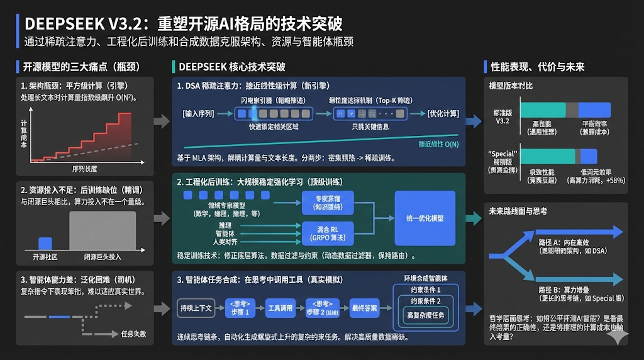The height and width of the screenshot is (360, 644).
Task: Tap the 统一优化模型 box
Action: click(x=425, y=218)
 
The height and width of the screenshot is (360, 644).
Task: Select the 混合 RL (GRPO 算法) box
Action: click(x=324, y=233)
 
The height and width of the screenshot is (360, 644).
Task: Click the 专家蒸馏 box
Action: click(x=324, y=201)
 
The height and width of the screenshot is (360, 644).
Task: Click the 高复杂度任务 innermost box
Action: click(x=426, y=315)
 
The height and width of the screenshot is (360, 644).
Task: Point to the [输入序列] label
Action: click(x=199, y=114)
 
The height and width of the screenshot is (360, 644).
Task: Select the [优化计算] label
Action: click(x=444, y=114)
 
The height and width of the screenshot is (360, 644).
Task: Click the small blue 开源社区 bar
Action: click(x=45, y=243)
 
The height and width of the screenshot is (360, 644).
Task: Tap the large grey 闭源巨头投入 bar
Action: click(x=102, y=231)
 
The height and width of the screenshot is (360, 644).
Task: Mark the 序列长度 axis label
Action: click(x=84, y=169)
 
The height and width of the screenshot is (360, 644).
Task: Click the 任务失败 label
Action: click(x=133, y=334)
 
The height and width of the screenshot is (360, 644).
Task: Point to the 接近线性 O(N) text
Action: click(x=439, y=144)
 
